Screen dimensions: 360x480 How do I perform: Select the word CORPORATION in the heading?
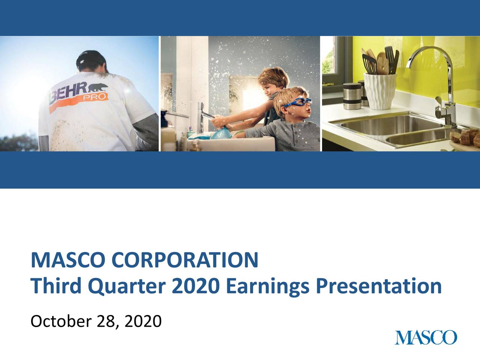pyautogui.click(x=184, y=260)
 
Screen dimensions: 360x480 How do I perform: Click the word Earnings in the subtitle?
pyautogui.click(x=267, y=286)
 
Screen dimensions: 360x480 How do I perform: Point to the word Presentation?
pyautogui.click(x=378, y=286)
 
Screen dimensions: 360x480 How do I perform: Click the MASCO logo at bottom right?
pyautogui.click(x=426, y=337)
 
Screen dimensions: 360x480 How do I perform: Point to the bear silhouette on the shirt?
pyautogui.click(x=99, y=88)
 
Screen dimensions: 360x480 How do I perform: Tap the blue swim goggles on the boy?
pyautogui.click(x=298, y=102)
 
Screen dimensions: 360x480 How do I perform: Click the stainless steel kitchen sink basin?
pyautogui.click(x=379, y=124)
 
